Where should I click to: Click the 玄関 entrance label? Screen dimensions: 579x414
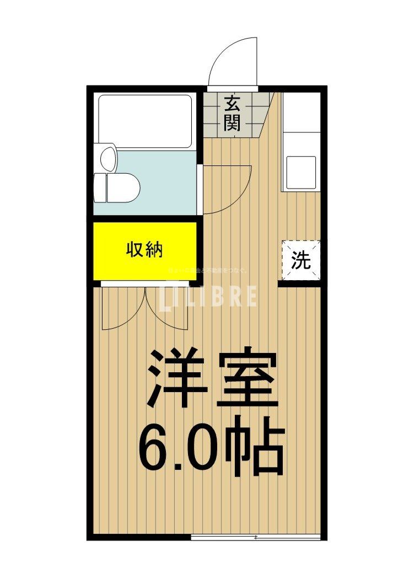tap(232, 113)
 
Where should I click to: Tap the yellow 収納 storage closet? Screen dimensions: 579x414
tap(145, 251)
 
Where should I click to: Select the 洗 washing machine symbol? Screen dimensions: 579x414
tap(301, 260)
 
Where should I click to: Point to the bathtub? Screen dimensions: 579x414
tap(145, 121)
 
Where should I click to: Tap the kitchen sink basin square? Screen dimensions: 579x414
tap(300, 173)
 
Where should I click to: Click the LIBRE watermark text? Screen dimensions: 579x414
tap(209, 296)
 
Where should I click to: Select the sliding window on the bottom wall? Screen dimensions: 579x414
tap(256, 537)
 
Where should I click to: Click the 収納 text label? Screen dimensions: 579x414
tap(145, 251)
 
